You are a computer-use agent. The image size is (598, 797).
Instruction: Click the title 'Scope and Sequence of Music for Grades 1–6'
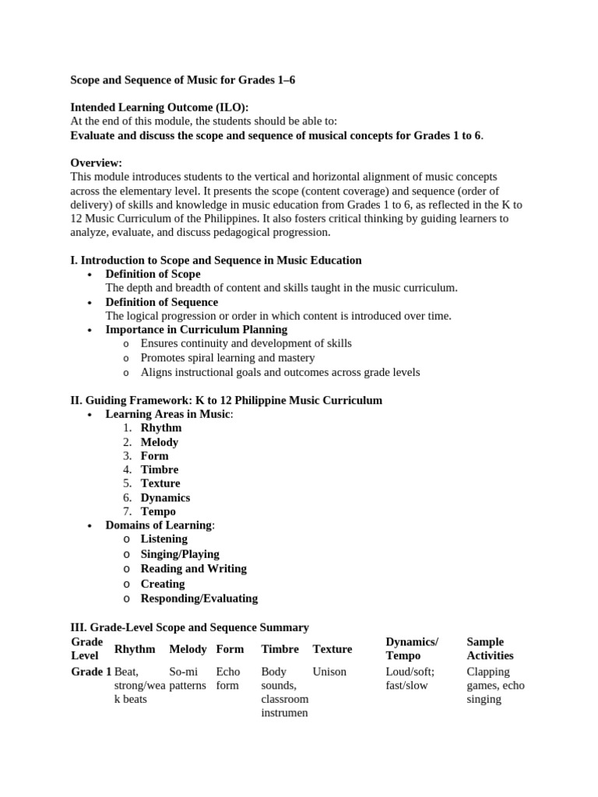coord(183,80)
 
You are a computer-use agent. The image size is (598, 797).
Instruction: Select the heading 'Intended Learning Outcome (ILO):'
coord(160,107)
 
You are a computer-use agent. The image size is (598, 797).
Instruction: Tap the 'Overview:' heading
coord(97,163)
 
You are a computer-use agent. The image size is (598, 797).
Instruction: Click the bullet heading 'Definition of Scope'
coord(153,274)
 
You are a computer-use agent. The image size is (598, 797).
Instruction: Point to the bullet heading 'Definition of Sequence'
coord(161,302)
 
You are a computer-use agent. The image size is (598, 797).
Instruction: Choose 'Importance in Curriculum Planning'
coord(196,329)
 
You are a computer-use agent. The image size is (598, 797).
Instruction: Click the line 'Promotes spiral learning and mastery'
coord(227,357)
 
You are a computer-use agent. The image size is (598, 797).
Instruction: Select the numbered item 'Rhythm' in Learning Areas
coord(160,427)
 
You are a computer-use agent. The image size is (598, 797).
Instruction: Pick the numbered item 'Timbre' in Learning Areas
coord(159,469)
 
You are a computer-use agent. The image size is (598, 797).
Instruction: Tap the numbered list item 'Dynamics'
coord(165,497)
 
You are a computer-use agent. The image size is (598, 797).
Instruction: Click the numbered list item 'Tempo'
coord(158,511)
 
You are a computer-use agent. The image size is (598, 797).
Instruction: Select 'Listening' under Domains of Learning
coord(164,539)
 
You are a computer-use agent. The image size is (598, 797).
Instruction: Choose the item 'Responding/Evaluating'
coord(199,599)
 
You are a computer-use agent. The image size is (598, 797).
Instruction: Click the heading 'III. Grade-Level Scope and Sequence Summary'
coord(190,627)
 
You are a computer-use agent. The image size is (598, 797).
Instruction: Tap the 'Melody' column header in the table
coord(188,649)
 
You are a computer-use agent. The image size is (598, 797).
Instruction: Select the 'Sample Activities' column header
coord(490,648)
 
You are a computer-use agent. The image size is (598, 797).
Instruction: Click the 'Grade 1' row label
coord(91,672)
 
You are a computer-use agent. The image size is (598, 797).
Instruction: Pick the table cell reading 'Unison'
coord(329,672)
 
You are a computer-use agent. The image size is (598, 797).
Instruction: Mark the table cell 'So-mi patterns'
coord(187,679)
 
